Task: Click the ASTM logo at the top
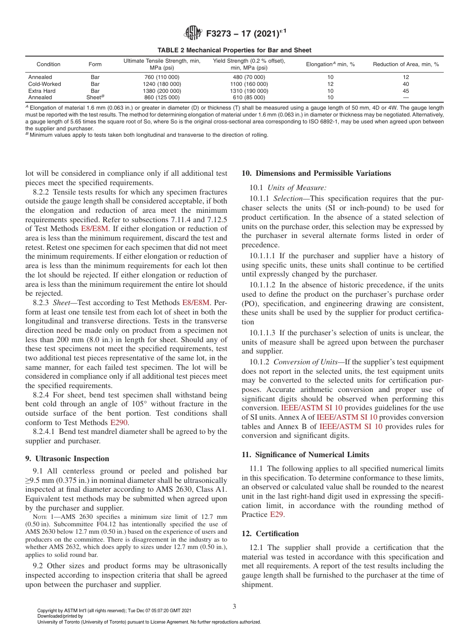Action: [x=193, y=34]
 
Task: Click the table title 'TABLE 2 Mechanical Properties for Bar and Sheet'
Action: [x=234, y=50]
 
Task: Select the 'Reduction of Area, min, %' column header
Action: [x=406, y=64]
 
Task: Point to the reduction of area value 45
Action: [x=406, y=91]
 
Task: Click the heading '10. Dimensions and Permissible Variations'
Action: [x=316, y=173]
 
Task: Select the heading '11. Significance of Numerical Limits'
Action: [x=305, y=454]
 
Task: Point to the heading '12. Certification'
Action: [x=270, y=534]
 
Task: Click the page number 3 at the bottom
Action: [x=234, y=607]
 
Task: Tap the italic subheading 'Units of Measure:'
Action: [x=297, y=188]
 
